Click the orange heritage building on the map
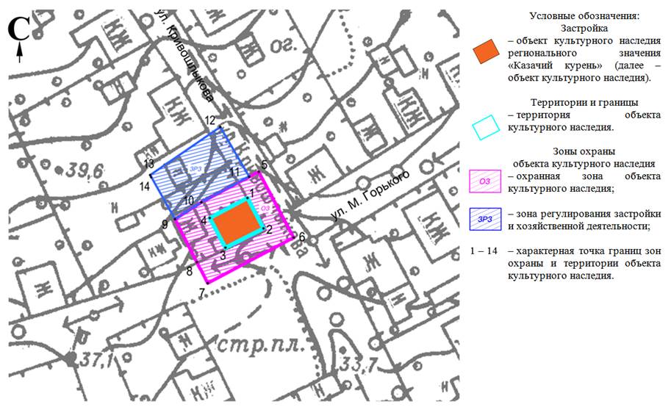click(x=237, y=223)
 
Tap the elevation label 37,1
click(x=90, y=361)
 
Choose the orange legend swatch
click(x=486, y=53)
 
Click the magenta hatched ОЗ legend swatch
click(x=484, y=180)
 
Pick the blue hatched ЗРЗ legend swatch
click(x=484, y=218)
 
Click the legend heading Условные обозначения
click(x=584, y=15)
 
